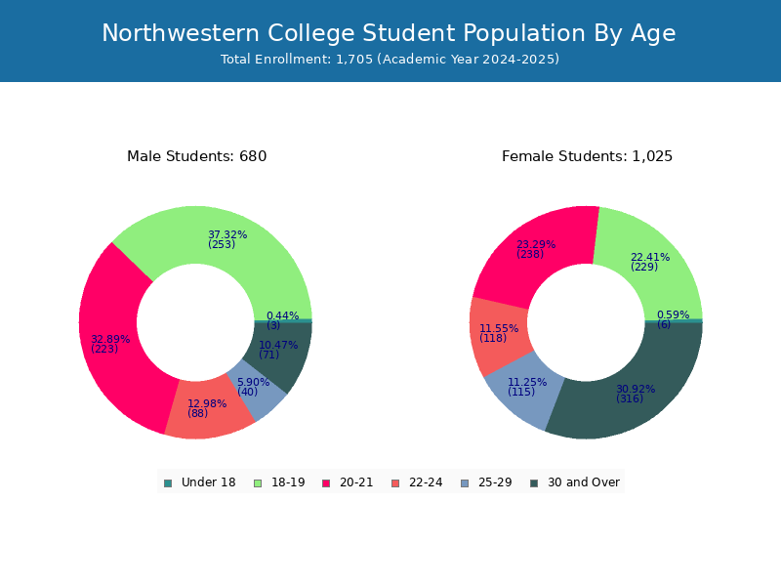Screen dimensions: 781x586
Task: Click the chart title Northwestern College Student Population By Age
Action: (x=389, y=33)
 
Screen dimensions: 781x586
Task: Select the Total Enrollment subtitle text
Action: (x=390, y=60)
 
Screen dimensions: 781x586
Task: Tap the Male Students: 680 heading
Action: (x=197, y=156)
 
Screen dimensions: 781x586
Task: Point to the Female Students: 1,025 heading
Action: (x=587, y=156)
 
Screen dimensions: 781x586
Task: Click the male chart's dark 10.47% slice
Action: (x=279, y=352)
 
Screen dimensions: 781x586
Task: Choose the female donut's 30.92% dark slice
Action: (x=633, y=394)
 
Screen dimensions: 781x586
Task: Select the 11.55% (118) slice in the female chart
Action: (x=498, y=334)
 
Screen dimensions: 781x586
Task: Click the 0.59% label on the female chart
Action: (x=673, y=314)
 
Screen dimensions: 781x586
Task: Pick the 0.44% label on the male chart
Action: (x=282, y=315)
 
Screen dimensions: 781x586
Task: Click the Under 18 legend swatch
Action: (x=168, y=483)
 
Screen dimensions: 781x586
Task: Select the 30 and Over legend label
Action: (x=583, y=482)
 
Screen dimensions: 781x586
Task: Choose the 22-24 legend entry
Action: (x=417, y=482)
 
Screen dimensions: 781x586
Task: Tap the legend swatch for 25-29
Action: (x=465, y=483)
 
